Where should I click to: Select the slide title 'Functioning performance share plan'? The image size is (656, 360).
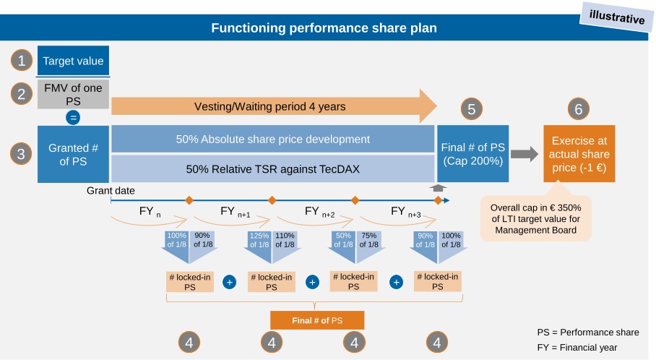click(323, 28)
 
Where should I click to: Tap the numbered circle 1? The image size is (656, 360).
click(22, 61)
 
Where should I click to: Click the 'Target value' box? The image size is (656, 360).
click(73, 61)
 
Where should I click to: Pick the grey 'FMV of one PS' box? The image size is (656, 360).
click(73, 94)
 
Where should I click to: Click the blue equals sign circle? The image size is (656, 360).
click(73, 117)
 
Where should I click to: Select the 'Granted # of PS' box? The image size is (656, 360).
click(73, 154)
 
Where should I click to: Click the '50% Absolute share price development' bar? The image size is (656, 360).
click(272, 139)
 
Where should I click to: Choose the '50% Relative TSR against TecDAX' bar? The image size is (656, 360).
click(272, 169)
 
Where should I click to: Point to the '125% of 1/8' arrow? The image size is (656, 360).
click(259, 244)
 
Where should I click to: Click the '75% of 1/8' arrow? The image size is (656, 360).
click(368, 244)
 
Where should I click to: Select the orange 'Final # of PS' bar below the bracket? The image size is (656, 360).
click(317, 320)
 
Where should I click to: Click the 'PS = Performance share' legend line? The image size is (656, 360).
click(587, 333)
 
